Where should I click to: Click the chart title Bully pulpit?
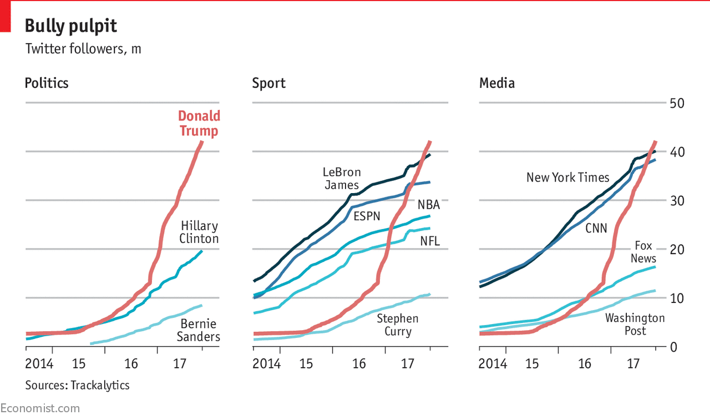(x=71, y=26)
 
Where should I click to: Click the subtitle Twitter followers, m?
(x=83, y=49)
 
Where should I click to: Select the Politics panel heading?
(x=47, y=83)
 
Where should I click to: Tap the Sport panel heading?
(x=269, y=83)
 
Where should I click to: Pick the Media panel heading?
(x=497, y=83)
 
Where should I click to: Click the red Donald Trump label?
(x=199, y=123)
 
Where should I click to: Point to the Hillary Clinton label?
(x=199, y=232)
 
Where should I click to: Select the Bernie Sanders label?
(x=198, y=330)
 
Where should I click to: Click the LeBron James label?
(x=342, y=178)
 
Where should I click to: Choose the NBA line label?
(x=428, y=205)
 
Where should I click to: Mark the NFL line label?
(x=429, y=241)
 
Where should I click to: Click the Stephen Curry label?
(x=398, y=325)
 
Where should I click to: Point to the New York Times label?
(x=567, y=178)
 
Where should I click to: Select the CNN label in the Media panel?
(x=596, y=227)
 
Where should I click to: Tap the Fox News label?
(x=643, y=252)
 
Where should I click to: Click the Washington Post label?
(x=635, y=324)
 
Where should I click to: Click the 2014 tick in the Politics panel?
(x=39, y=364)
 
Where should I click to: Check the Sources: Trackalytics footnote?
(x=77, y=384)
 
